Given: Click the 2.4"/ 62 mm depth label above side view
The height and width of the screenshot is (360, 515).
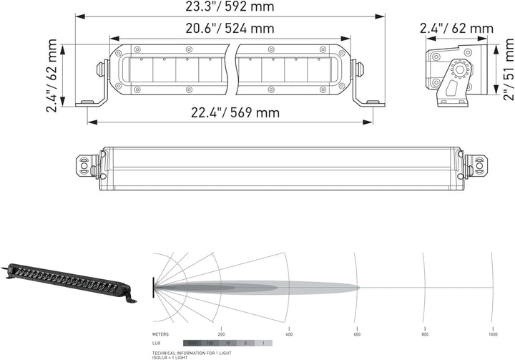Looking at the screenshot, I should pyautogui.click(x=456, y=29).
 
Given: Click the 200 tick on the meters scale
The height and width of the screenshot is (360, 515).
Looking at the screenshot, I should pyautogui.click(x=221, y=335).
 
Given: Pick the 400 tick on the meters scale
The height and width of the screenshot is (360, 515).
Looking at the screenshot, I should pyautogui.click(x=289, y=335).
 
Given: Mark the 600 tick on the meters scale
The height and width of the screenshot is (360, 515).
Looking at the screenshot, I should pyautogui.click(x=357, y=335).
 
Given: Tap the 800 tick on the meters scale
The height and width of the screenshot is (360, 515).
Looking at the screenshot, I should pyautogui.click(x=425, y=335).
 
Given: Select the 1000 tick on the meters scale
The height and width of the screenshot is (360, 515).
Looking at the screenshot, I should pyautogui.click(x=492, y=335).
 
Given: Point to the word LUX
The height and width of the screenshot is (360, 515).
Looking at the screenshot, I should pyautogui.click(x=157, y=344).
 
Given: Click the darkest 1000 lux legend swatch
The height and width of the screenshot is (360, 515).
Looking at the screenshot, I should pyautogui.click(x=191, y=344).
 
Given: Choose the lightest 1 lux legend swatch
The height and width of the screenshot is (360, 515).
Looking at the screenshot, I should pyautogui.click(x=263, y=344).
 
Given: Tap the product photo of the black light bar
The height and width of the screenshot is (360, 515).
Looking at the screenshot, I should pyautogui.click(x=69, y=280).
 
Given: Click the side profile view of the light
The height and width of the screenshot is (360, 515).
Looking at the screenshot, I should pyautogui.click(x=458, y=72).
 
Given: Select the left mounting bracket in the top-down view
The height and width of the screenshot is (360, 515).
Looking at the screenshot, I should pyautogui.click(x=86, y=165).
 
